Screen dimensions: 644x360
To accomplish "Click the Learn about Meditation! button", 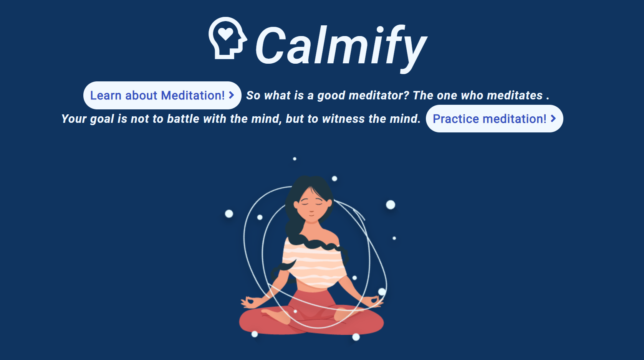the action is pos(162,96).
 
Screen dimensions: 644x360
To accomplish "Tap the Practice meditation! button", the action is pos(494,119).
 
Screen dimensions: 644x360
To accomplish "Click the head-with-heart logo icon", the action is pos(227,38).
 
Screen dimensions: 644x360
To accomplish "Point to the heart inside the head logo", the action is pos(226,34).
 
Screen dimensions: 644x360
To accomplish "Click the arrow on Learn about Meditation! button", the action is pos(232,95).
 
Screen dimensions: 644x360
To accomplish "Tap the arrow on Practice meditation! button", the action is pos(553,118).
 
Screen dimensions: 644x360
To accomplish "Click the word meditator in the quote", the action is pos(379,96).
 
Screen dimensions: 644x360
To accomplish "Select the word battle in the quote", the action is pos(183,119).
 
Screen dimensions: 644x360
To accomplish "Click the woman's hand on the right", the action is pos(374,301).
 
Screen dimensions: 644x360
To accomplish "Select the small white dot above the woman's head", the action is pos(295,159).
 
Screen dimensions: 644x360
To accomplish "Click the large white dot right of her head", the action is pos(391,205).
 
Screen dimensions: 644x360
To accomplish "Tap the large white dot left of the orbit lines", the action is pos(229,214).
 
